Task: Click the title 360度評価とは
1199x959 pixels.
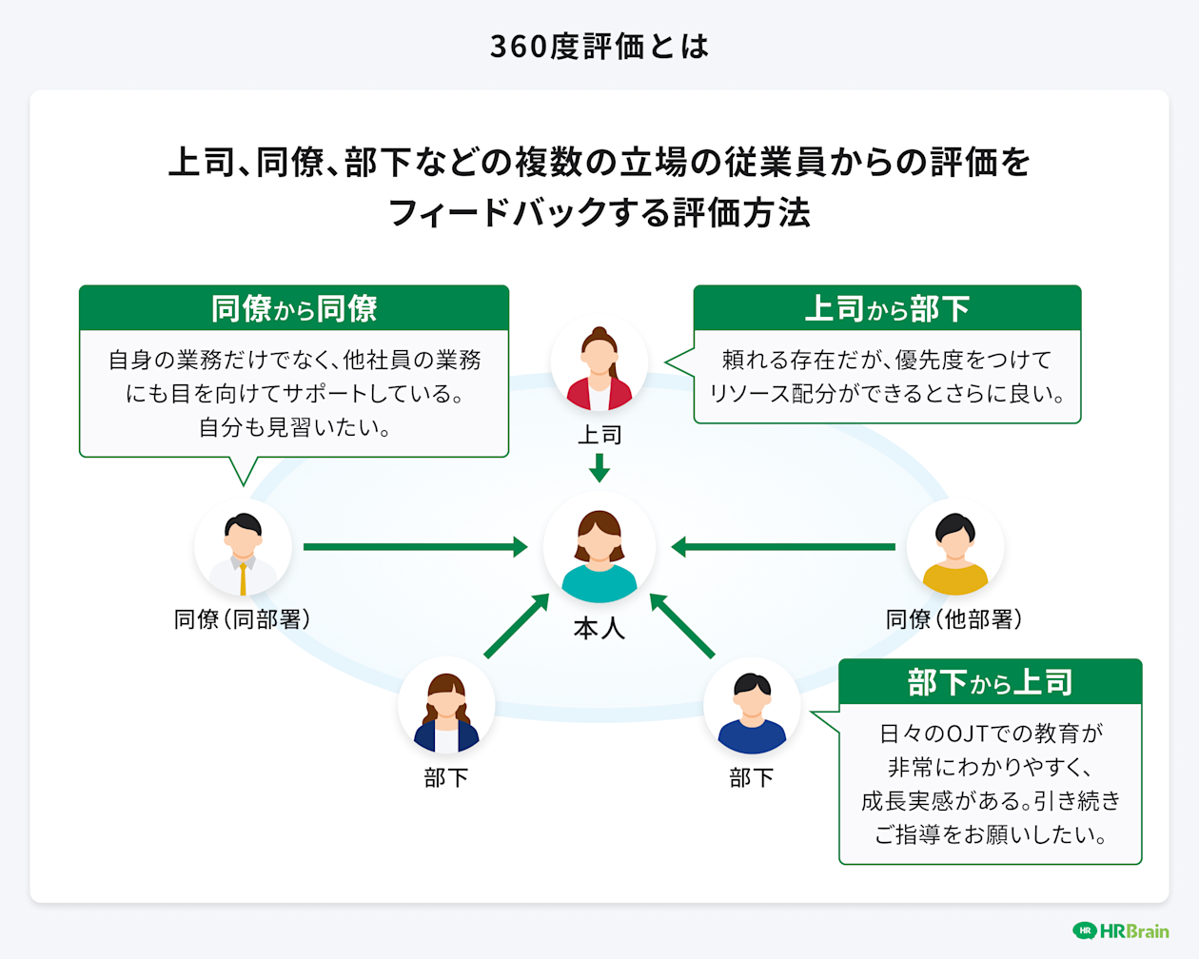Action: pyautogui.click(x=599, y=46)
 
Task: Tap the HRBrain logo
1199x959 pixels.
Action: pyautogui.click(x=1121, y=930)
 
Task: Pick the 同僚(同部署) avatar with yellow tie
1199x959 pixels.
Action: pyautogui.click(x=243, y=550)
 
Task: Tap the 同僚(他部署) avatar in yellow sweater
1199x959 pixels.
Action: pyautogui.click(x=954, y=550)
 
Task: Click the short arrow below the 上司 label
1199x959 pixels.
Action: pyautogui.click(x=599, y=467)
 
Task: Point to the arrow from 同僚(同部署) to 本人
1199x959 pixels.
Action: pyautogui.click(x=415, y=547)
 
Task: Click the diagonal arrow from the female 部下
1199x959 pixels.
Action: pyautogui.click(x=517, y=625)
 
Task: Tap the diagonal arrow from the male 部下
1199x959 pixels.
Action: pyautogui.click(x=681, y=625)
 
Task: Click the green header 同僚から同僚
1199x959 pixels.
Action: pyautogui.click(x=294, y=309)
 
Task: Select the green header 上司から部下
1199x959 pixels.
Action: pyautogui.click(x=887, y=309)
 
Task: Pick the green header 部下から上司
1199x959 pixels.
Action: pyautogui.click(x=990, y=682)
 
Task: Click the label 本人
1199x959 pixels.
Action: pyautogui.click(x=599, y=629)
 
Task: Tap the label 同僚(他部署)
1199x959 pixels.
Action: pyautogui.click(x=954, y=619)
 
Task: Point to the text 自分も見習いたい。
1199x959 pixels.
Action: pyautogui.click(x=294, y=427)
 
